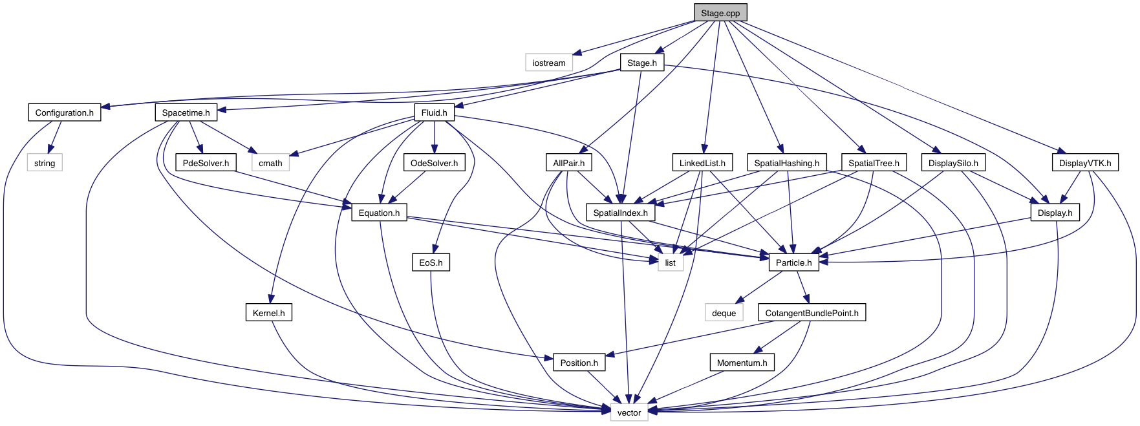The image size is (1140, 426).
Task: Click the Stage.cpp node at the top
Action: point(720,13)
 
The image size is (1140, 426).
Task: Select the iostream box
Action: point(548,63)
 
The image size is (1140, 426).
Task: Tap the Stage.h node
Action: point(641,63)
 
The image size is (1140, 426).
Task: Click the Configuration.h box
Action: point(64,112)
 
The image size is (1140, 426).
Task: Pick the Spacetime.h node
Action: point(186,112)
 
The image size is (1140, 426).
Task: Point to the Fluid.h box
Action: point(434,112)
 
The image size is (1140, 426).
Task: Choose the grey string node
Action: point(44,163)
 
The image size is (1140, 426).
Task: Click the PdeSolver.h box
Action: point(206,163)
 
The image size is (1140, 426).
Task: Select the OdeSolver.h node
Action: point(434,163)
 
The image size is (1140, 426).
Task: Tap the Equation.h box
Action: point(379,213)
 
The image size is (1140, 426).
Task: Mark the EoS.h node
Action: point(431,262)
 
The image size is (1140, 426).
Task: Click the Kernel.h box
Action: point(268,313)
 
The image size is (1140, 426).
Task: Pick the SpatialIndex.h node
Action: point(620,213)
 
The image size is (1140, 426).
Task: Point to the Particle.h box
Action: point(793,262)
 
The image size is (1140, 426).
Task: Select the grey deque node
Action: point(724,313)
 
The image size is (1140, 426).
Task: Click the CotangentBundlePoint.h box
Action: point(812,313)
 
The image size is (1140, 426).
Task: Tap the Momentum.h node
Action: point(742,363)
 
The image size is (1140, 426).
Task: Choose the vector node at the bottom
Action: point(629,412)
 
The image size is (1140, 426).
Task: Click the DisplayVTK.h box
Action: point(1084,163)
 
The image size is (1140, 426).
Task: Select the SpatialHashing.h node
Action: point(786,163)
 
